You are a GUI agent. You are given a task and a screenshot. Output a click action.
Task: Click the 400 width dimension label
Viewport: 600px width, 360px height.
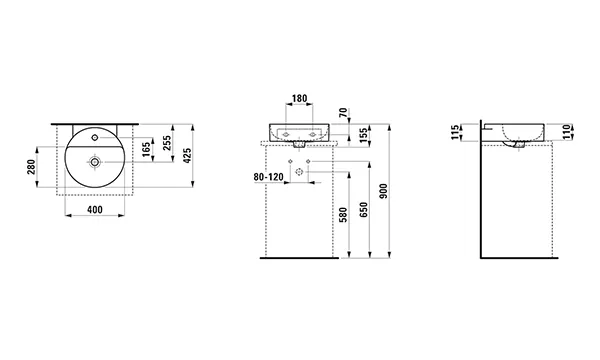coord(95,210)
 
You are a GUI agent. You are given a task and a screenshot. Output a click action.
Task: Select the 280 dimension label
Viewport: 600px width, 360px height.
coord(31,167)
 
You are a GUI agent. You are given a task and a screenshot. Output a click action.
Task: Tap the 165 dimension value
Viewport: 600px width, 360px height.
coord(146,150)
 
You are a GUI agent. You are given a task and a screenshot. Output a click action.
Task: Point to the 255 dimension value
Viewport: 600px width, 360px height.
coord(167,143)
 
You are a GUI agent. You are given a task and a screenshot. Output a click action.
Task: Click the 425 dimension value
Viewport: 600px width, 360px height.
coord(187,156)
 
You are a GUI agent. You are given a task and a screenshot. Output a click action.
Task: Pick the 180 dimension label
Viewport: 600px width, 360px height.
coord(299,99)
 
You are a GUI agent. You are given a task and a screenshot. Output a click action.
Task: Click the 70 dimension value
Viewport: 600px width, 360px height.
coord(343,112)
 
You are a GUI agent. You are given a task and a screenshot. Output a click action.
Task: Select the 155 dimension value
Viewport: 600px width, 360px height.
coord(363,135)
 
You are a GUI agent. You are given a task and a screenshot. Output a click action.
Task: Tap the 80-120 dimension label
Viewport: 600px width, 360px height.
coord(269,177)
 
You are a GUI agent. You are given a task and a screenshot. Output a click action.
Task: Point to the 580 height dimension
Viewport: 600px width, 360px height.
coord(343,215)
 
